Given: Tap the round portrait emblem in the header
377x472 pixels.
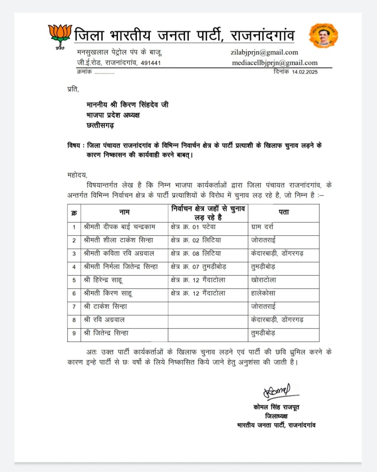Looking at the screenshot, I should tap(324, 35).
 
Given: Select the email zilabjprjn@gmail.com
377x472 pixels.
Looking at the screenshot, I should tap(264, 52).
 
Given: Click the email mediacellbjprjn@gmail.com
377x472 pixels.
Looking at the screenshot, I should tap(274, 63).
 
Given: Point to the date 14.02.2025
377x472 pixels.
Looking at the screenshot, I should tap(305, 72).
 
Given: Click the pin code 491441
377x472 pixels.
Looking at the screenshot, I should tap(151, 63).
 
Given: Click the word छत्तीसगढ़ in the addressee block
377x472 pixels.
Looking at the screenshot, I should tap(100, 125).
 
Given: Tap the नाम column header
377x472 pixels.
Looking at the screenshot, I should tap(124, 212).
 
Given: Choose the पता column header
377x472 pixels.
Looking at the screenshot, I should tap(284, 212).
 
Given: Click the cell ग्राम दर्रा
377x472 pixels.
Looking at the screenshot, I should tap(262, 227).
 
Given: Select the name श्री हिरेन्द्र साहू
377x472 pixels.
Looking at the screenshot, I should tap(103, 280).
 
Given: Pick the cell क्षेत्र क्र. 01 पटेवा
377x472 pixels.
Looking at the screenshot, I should tap(193, 227).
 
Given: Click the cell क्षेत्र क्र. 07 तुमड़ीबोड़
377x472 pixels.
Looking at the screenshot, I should tap(198, 267).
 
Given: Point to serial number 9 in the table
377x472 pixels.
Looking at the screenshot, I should tap(74, 333).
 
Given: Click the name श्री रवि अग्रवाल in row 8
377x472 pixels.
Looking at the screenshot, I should tap(104, 320).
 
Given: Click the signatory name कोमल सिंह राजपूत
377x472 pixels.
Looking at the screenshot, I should tap(276, 407).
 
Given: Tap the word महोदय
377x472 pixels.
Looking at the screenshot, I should tap(77, 174).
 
